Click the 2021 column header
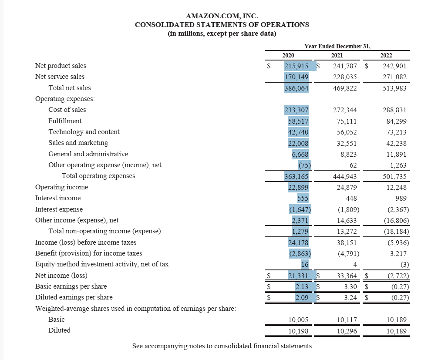point(337,55)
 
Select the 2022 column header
point(386,55)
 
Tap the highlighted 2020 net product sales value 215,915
point(296,66)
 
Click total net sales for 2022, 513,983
point(394,88)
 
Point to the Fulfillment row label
point(65,121)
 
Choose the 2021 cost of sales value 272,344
point(345,110)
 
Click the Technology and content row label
point(84,132)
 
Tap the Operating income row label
point(61,187)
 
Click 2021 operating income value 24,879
point(347,187)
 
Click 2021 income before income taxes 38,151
point(347,242)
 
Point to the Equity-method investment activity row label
point(101,264)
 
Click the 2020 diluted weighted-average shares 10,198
point(298,331)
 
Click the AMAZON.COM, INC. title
point(222,17)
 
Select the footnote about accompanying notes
point(222,346)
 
